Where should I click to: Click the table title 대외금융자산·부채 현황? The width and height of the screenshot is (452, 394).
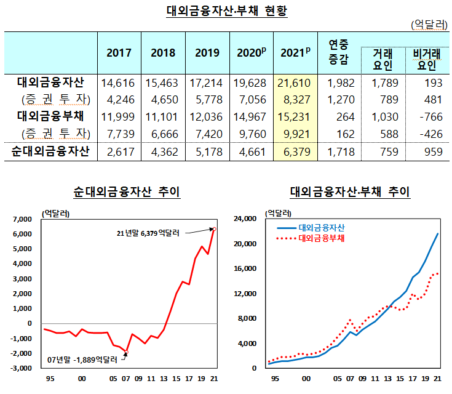point(227,12)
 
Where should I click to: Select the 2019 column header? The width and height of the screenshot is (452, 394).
point(207,53)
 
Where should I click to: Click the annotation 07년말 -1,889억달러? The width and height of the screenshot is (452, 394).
point(84,359)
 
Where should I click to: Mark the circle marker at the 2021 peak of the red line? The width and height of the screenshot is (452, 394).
point(214,228)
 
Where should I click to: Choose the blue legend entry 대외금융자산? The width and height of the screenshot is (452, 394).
point(320,227)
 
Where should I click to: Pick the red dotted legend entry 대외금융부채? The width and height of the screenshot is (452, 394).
point(320,237)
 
